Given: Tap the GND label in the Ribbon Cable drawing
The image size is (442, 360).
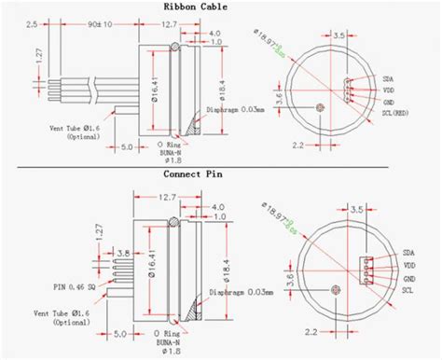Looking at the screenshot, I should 390,100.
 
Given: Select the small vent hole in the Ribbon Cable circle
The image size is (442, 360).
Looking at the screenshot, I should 322,107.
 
